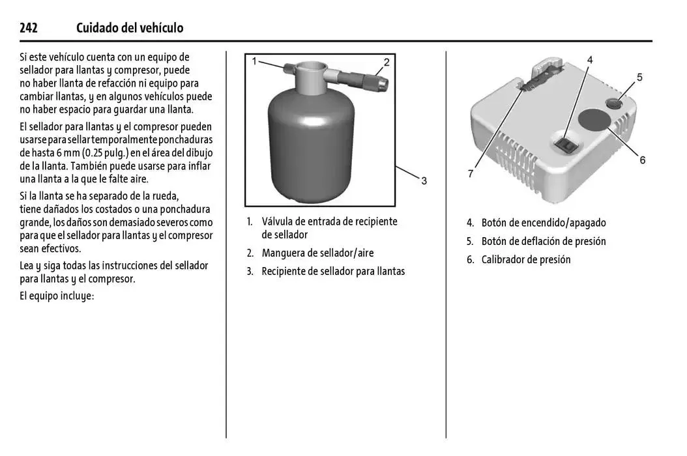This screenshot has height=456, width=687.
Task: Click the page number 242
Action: pyautogui.click(x=28, y=27)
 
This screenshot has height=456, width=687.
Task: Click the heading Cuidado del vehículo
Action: pyautogui.click(x=130, y=27)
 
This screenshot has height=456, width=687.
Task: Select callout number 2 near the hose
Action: pyautogui.click(x=387, y=63)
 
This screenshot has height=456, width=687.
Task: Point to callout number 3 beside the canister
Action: pyautogui.click(x=424, y=180)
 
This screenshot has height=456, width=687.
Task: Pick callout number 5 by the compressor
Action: pyautogui.click(x=639, y=77)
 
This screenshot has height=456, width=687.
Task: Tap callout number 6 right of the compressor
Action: pyautogui.click(x=642, y=160)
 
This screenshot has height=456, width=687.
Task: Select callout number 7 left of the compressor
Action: pyautogui.click(x=471, y=173)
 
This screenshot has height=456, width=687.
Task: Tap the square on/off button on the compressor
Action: pyautogui.click(x=565, y=144)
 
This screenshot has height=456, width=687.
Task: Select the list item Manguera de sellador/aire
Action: pyautogui.click(x=317, y=253)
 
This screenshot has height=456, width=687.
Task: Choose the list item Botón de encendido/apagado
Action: pyautogui.click(x=543, y=223)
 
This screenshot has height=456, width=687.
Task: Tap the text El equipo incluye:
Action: pyautogui.click(x=57, y=295)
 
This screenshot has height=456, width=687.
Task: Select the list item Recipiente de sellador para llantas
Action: pyautogui.click(x=332, y=271)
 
